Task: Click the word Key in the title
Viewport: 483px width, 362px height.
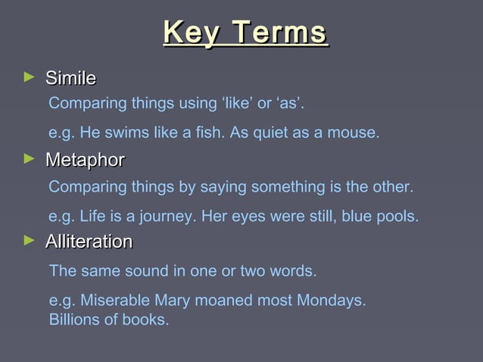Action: pos(192,33)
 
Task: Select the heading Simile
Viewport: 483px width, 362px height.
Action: pos(70,78)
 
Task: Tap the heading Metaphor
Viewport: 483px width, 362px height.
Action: pos(85,161)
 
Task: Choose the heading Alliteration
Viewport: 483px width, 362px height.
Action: pos(89,242)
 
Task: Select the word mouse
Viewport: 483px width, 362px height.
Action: pos(357,133)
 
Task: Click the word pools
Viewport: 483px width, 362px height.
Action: pos(397,217)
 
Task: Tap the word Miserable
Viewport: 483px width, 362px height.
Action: pos(112,301)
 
